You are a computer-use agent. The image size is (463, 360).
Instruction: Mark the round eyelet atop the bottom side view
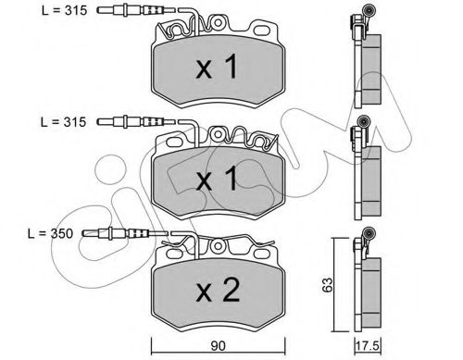pos(368,235)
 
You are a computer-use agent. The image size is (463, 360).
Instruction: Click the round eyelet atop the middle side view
pos(368,123)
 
